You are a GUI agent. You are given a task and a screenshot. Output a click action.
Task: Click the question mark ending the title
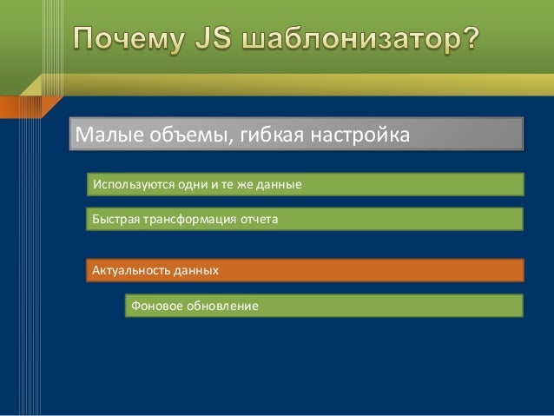[469, 40]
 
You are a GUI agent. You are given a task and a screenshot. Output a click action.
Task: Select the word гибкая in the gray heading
[261, 136]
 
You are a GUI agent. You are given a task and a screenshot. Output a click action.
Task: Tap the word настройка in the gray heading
[353, 136]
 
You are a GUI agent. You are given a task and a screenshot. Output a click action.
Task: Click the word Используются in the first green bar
[133, 185]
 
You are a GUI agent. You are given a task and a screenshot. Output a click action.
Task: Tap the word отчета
[257, 221]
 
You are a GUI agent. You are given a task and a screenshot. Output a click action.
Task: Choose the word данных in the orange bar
[195, 271]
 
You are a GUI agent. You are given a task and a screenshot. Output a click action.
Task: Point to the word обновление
[221, 307]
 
